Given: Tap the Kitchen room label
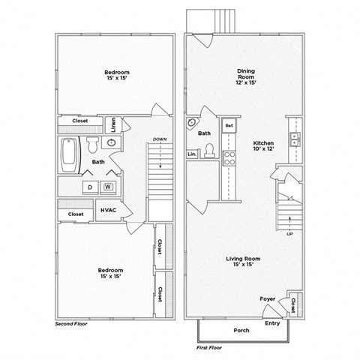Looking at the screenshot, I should [263, 146].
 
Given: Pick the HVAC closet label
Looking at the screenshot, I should [107, 212].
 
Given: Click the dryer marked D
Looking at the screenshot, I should [89, 186].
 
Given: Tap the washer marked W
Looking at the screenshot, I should [108, 186].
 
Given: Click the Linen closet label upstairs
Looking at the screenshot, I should [113, 123].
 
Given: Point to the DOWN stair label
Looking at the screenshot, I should [160, 139].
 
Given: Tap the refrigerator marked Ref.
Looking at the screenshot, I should [229, 124].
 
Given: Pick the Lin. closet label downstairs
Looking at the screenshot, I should [191, 154].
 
